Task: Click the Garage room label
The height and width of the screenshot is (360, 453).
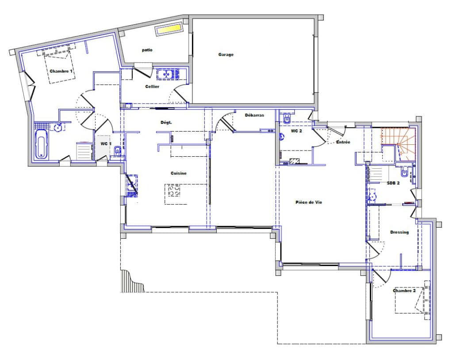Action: point(226,54)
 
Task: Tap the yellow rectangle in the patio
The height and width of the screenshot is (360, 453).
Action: point(169,29)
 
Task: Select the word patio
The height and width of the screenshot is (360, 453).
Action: point(147,50)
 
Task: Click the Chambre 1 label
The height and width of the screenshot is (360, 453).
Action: point(61,71)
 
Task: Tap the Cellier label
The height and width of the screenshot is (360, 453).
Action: point(152,86)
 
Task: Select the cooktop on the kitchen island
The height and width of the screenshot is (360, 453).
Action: point(174,190)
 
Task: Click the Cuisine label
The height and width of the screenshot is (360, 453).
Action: point(179,173)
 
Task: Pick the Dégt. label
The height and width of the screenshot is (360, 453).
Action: point(166,122)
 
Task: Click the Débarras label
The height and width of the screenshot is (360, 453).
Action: point(254,115)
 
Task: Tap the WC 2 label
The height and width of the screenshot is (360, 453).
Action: point(296,131)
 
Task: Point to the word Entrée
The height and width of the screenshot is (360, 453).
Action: point(343,142)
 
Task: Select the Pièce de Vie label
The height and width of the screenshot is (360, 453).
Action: point(309,202)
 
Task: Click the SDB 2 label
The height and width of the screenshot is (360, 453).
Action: point(393,183)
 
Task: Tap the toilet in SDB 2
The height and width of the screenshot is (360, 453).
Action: point(404,173)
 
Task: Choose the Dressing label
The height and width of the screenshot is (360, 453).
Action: point(399,232)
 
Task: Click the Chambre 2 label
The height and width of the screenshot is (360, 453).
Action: point(404,290)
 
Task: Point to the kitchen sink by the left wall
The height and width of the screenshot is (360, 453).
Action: point(131,186)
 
